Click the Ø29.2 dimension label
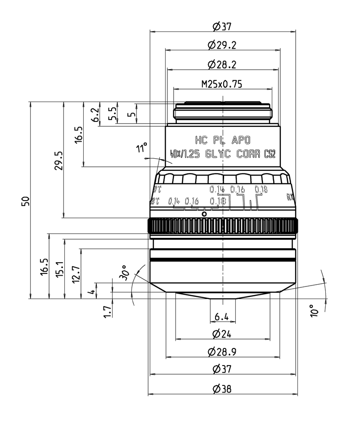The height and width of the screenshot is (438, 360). (x=222, y=45)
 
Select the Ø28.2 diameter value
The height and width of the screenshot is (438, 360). (x=222, y=65)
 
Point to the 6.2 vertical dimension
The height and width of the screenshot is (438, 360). (x=94, y=115)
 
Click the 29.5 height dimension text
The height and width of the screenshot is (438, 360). (x=58, y=161)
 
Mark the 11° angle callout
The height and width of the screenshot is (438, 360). (x=142, y=149)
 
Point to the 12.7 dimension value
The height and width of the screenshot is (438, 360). (x=76, y=273)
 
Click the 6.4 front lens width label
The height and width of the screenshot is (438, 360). (x=222, y=317)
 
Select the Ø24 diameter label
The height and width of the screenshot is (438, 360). (x=222, y=334)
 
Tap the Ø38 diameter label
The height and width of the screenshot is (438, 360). (x=222, y=389)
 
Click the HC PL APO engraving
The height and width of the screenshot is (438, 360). (x=222, y=139)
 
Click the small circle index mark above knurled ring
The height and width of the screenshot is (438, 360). (x=204, y=214)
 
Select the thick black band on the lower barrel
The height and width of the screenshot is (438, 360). (x=223, y=260)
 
